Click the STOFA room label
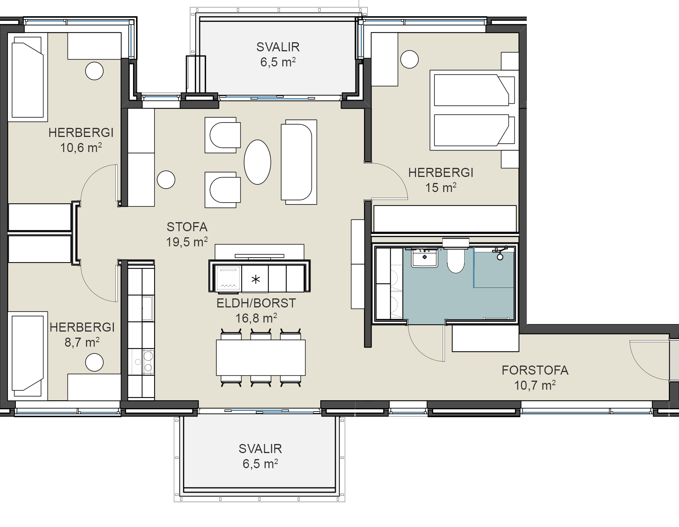tap(187, 227)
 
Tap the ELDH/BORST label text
tap(256, 303)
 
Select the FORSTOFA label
tap(535, 370)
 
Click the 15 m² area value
tap(441, 187)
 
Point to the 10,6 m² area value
tap(81, 147)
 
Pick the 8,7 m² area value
tap(82, 342)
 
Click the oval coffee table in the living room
tap(257, 162)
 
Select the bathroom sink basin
tap(425, 257)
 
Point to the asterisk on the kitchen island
tap(255, 280)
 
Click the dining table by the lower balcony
tap(261, 358)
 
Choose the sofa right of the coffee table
tap(299, 162)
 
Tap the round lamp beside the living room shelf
tap(166, 180)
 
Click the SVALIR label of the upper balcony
tap(278, 47)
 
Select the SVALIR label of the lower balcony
tap(260, 449)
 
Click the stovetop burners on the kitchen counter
tap(143, 361)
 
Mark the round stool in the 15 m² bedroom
tap(410, 59)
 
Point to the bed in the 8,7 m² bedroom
tap(28, 356)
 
